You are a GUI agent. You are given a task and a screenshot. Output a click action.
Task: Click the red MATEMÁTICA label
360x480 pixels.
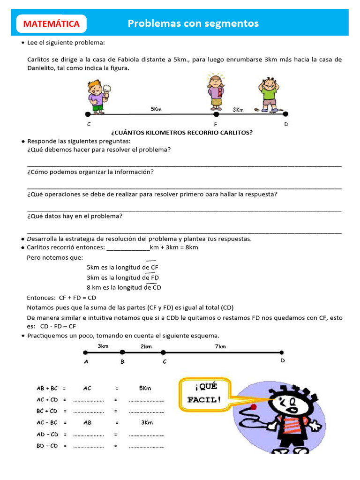click(x=52, y=24)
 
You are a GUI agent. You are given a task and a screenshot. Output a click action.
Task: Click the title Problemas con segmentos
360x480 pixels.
click(x=193, y=23)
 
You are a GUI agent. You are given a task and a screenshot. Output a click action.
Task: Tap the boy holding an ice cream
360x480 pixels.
click(x=97, y=97)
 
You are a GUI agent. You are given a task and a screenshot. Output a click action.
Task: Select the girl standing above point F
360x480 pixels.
click(x=216, y=92)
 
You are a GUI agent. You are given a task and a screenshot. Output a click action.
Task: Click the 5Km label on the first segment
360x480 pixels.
click(x=156, y=109)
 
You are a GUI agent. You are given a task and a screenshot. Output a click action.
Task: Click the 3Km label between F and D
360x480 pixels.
click(x=238, y=109)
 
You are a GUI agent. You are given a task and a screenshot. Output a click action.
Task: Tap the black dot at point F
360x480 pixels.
click(x=216, y=114)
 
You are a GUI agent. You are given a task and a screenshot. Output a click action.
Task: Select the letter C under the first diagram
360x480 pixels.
click(x=89, y=124)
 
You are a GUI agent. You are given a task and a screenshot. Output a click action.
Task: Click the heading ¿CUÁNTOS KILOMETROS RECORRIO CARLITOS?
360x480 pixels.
click(x=182, y=133)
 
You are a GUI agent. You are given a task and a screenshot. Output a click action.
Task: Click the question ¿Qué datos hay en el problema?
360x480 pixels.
click(x=75, y=216)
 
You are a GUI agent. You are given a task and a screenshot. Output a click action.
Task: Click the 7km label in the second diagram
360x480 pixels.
click(x=220, y=346)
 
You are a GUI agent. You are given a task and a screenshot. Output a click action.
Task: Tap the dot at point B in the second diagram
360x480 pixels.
click(x=122, y=352)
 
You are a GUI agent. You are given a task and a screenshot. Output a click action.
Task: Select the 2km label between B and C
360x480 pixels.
click(x=146, y=346)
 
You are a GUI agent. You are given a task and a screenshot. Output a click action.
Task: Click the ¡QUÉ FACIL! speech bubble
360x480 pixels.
click(x=204, y=393)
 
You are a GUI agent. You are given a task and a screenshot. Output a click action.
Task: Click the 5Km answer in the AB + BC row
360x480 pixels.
click(x=145, y=388)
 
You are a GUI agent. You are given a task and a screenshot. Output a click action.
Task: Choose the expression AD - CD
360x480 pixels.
click(x=47, y=434)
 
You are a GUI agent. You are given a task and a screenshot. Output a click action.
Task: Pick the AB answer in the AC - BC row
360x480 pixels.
click(x=88, y=422)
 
